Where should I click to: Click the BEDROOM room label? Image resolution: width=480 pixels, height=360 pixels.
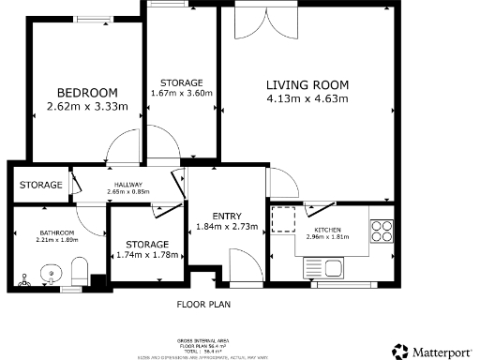point(87,92)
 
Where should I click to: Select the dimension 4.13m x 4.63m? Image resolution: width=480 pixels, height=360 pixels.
point(307,98)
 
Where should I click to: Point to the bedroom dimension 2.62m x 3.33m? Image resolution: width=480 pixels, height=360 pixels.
point(87,107)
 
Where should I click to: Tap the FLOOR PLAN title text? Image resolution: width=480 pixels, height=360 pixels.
point(203,305)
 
